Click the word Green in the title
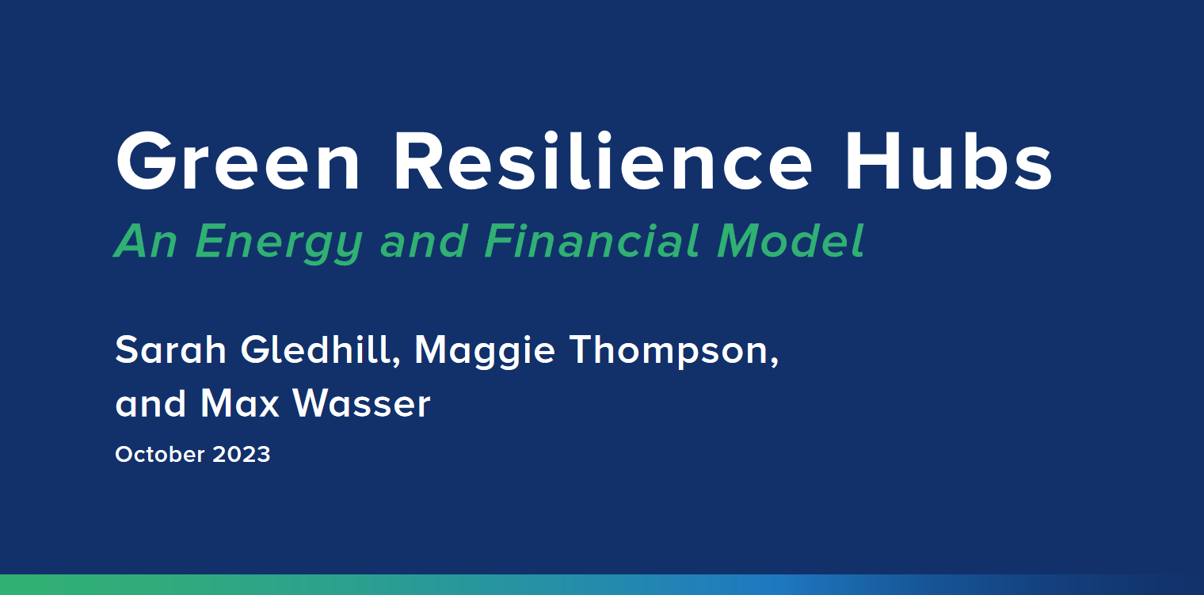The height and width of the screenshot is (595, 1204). tap(237, 162)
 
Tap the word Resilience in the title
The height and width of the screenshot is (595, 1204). tap(604, 162)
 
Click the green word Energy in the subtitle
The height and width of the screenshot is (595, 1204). tap(279, 243)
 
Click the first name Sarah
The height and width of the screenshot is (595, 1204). tap(170, 350)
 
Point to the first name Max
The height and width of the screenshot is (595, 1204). tap(240, 403)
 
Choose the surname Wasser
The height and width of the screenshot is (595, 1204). tap(361, 403)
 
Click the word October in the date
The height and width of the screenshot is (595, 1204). tap(160, 454)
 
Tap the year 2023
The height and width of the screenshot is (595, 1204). tap(242, 454)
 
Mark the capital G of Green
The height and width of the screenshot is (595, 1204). tap(147, 162)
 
